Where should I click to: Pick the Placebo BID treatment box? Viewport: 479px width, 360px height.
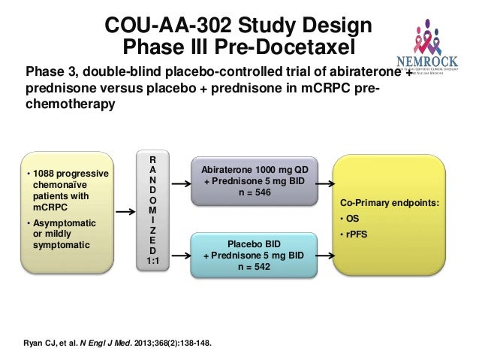pos(255,255)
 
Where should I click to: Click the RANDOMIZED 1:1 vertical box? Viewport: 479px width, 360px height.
pos(152,210)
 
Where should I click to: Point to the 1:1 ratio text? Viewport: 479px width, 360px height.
pos(152,260)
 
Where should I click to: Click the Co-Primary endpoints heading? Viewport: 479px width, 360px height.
pos(390,203)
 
